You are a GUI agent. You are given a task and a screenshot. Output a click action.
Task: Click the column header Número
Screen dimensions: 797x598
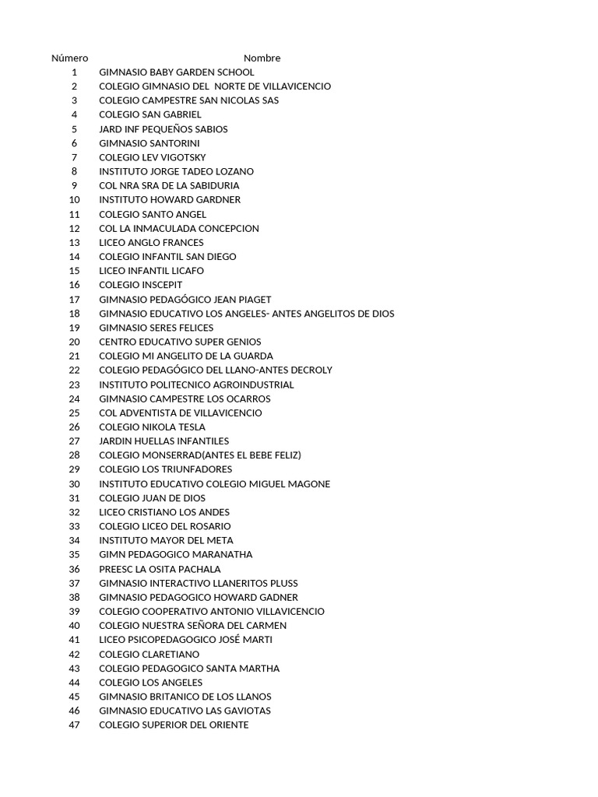pos(69,58)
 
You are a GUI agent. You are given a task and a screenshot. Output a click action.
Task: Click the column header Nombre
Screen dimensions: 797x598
pos(262,58)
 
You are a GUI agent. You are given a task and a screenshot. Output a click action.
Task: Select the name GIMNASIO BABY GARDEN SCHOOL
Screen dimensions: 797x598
pos(176,72)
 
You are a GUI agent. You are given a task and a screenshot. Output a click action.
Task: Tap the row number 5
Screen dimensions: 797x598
pos(74,129)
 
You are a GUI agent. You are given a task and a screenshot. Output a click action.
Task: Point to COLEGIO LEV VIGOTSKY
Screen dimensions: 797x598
pos(152,157)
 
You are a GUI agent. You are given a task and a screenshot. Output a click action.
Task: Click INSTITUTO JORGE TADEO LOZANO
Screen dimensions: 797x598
pos(176,171)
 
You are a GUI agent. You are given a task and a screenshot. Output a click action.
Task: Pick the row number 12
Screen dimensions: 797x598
pos(74,228)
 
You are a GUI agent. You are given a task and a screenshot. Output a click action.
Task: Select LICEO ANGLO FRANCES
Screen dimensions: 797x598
pos(151,243)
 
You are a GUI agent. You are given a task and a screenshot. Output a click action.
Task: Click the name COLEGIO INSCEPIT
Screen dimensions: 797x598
pos(140,285)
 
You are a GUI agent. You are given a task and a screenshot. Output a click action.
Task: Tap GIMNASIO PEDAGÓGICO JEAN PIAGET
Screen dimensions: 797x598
pos(185,300)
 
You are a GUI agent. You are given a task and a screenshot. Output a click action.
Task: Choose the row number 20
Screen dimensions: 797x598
pos(74,342)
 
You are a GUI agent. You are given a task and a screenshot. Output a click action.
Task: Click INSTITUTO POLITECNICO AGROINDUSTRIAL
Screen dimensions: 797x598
pos(196,384)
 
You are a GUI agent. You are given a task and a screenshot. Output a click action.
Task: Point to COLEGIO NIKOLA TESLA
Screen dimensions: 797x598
pos(152,427)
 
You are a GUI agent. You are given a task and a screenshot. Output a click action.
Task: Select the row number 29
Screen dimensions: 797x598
pos(74,469)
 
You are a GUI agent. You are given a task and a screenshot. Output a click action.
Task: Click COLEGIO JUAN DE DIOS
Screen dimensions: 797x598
pos(152,498)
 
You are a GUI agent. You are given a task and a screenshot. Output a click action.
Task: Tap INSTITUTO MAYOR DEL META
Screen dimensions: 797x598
pos(166,540)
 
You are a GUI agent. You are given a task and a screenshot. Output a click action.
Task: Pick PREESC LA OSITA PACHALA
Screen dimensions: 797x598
pos(160,569)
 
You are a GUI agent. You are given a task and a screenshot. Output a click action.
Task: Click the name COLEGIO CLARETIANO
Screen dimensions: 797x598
pos(149,654)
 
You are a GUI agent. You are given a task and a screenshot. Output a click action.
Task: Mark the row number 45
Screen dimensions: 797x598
pos(74,697)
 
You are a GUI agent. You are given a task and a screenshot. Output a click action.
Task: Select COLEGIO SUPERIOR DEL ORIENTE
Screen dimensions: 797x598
pos(174,725)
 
